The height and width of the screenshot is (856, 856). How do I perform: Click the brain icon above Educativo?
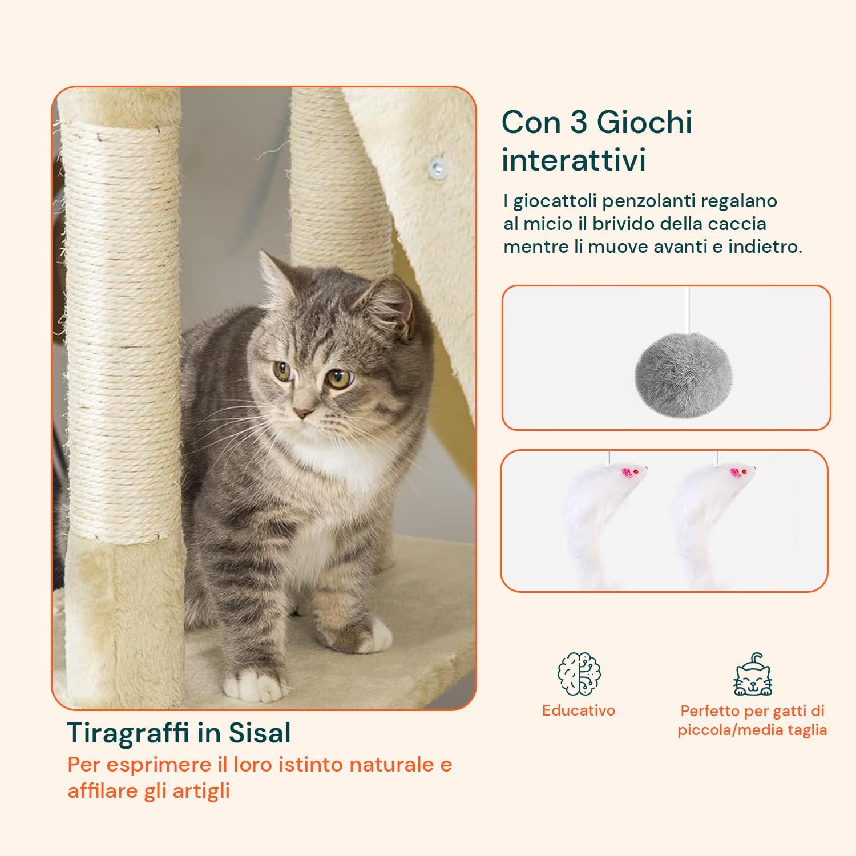579,674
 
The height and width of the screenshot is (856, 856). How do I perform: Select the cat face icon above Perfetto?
753,675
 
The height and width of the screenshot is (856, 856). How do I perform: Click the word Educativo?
579,710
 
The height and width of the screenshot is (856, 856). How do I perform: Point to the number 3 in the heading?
579,123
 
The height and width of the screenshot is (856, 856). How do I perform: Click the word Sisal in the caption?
260,733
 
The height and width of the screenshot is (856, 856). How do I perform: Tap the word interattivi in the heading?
574,160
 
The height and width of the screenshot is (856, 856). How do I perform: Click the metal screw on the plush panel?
438,167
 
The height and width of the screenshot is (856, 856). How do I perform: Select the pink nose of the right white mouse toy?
735,472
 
